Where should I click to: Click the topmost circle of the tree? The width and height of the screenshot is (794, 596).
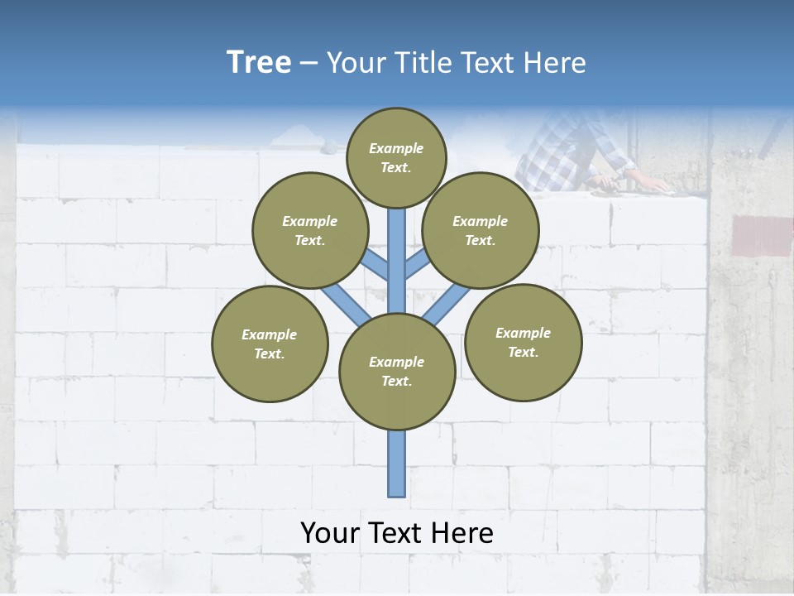pos(396,157)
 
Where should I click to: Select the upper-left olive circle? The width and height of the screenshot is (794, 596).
pos(309,230)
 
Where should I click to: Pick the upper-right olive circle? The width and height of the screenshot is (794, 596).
pos(481,230)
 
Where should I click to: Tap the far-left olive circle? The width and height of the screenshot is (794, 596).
pos(270,344)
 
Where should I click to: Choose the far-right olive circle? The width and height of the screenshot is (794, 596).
pos(523,342)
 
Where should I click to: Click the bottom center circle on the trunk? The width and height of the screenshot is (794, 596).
pos(397,372)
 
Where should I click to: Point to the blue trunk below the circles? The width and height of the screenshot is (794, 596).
pos(397,464)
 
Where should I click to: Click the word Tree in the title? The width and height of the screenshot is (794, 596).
pos(259,62)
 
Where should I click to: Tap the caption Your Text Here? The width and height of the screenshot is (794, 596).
pos(397,533)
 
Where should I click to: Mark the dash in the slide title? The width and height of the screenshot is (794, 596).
pos(309,63)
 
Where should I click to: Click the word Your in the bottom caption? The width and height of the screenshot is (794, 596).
pos(328,533)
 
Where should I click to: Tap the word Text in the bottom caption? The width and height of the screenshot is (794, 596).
pos(394,533)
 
